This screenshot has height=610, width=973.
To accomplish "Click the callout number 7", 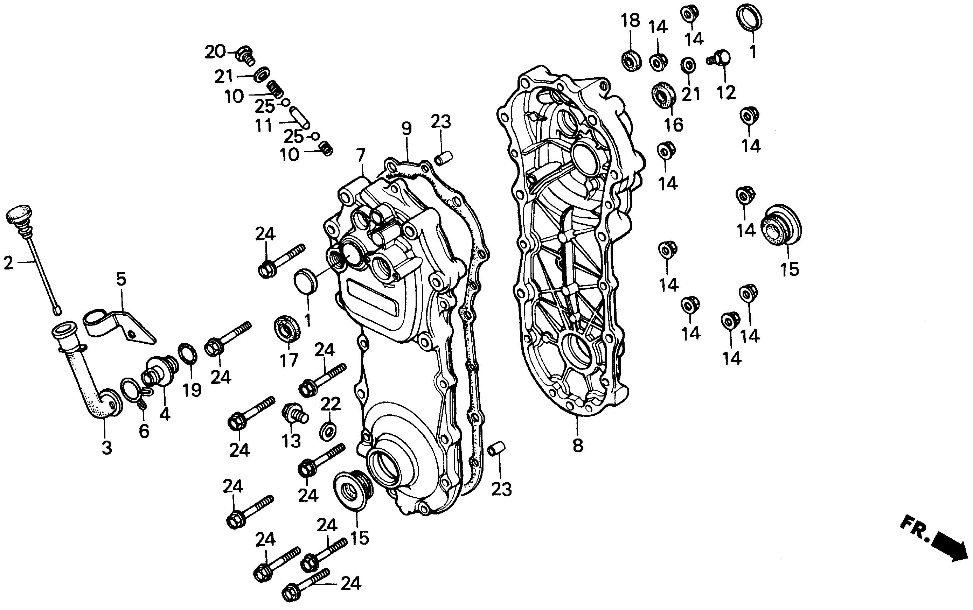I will click(360, 155).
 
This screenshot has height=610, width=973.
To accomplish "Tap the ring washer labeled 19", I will click(188, 353).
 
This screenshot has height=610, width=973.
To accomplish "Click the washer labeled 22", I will click(328, 431).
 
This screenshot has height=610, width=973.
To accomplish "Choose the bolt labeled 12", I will click(720, 59).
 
